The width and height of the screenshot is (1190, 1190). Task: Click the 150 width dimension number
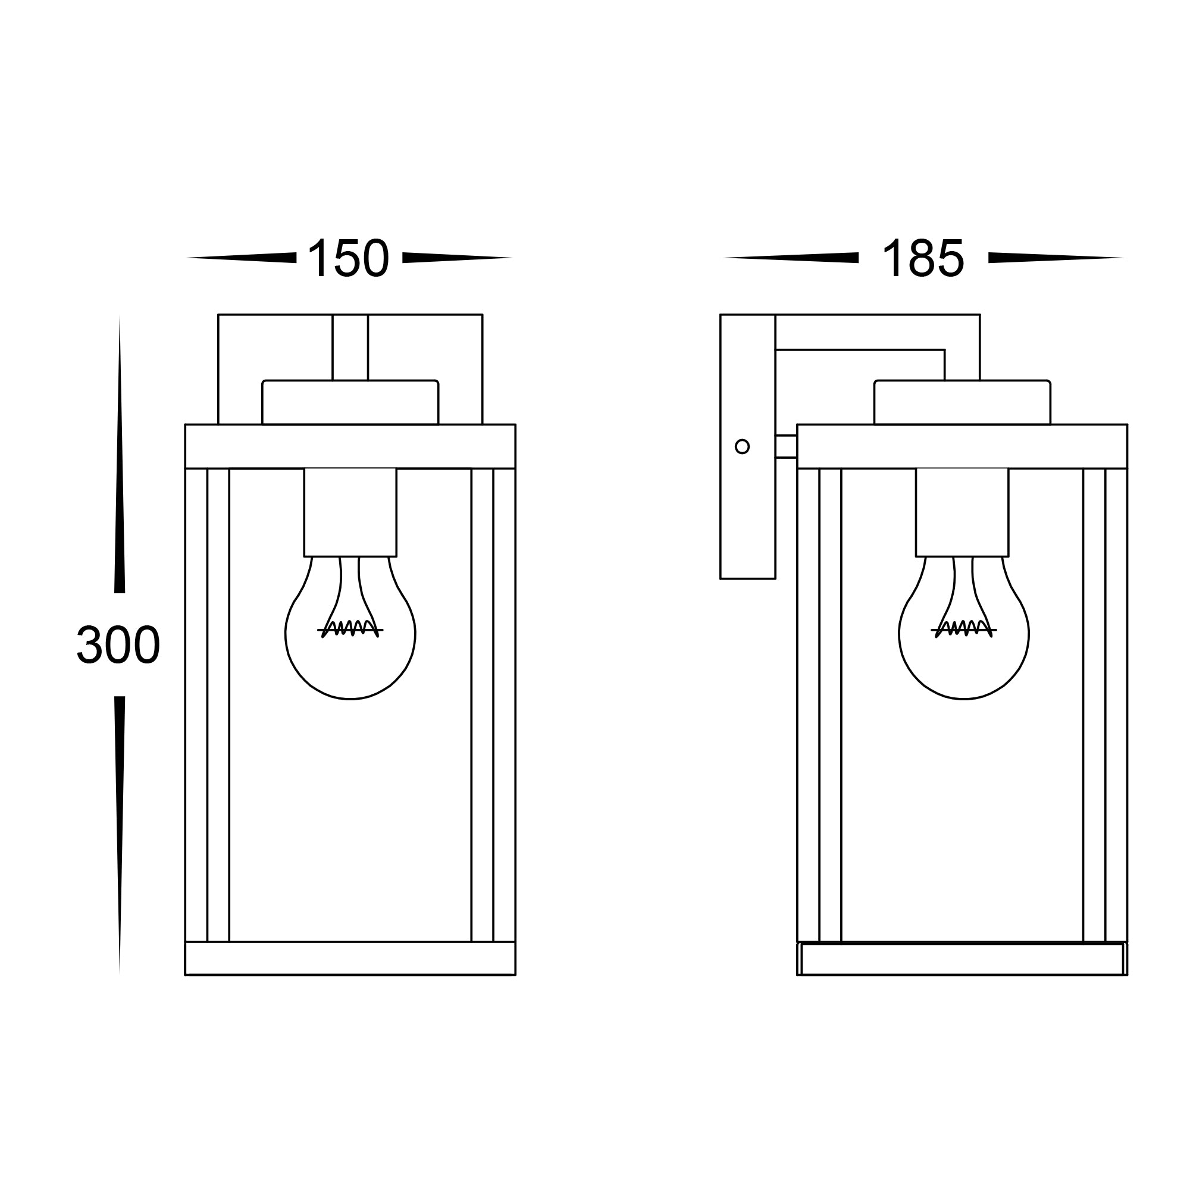coord(348,258)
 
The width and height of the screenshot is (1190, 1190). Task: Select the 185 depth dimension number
coord(923,258)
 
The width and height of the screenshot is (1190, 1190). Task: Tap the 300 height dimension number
coord(118,645)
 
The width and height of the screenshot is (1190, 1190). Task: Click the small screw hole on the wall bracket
coord(742,447)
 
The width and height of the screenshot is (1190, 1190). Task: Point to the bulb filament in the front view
coord(350,628)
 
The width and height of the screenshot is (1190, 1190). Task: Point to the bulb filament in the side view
coord(963,628)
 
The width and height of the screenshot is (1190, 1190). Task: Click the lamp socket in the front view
coord(350,512)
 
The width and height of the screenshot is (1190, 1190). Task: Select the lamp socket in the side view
coord(962,512)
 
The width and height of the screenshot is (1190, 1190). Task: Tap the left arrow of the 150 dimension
coord(241,258)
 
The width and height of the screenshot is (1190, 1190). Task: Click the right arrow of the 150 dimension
coord(458,258)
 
